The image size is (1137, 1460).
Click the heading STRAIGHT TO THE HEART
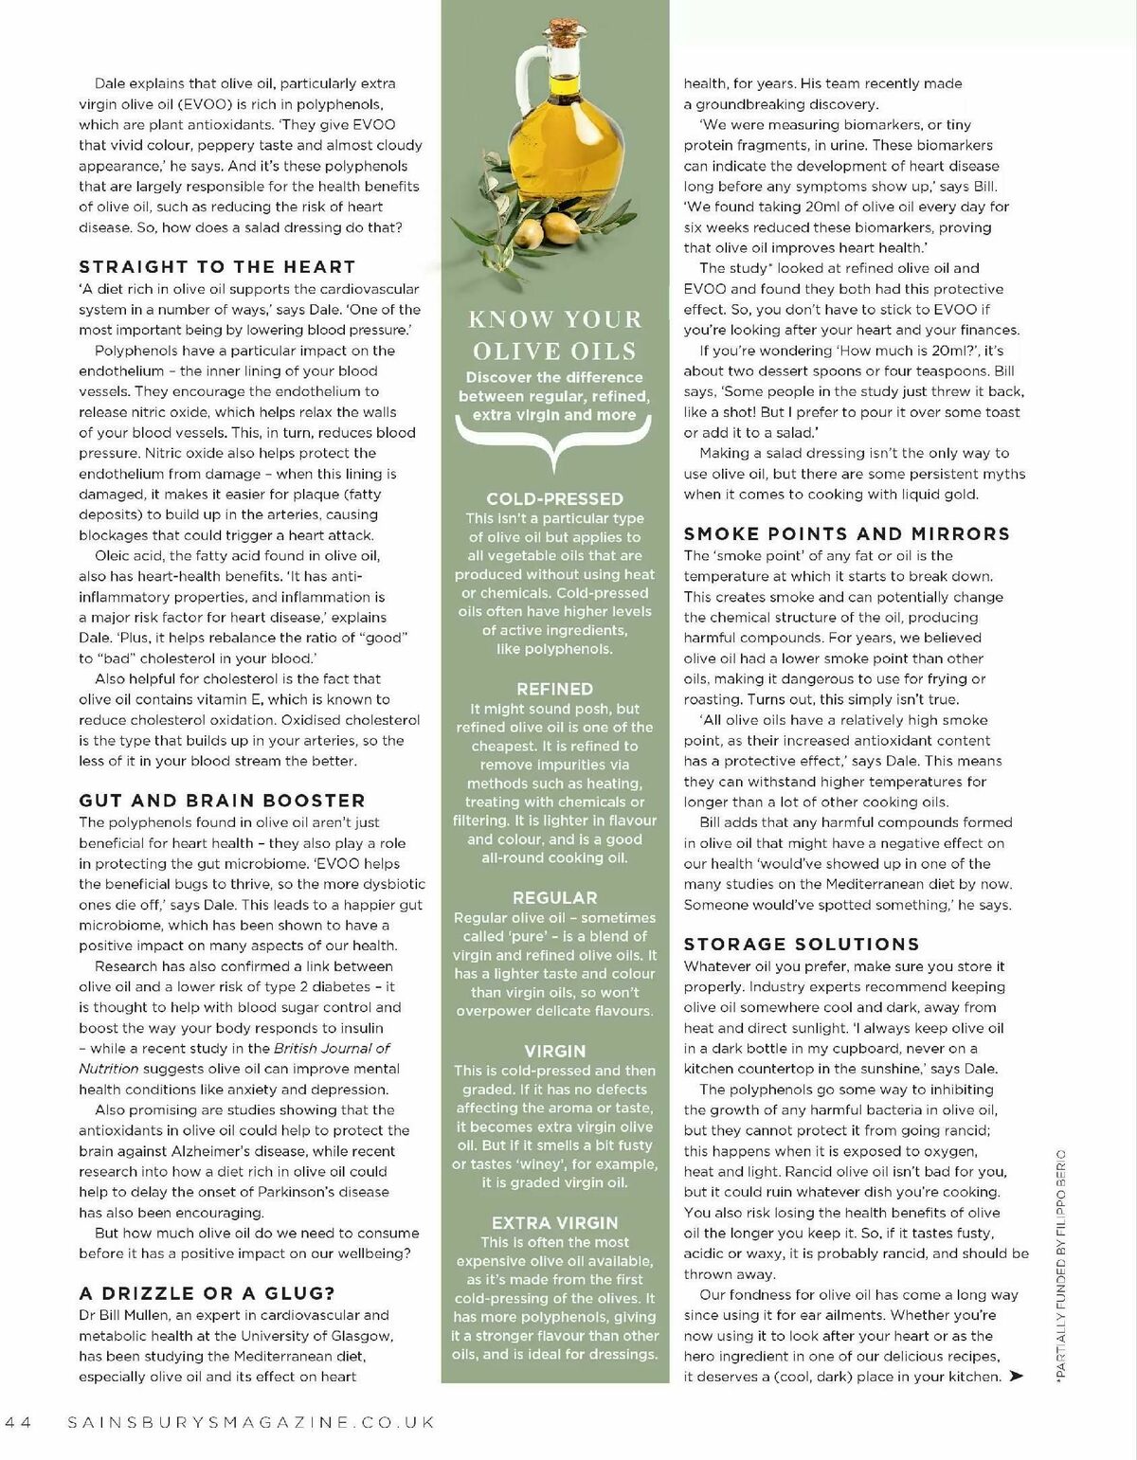(217, 267)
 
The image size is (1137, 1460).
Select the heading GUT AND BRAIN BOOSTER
(222, 801)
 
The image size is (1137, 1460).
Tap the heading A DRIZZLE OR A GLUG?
(207, 1293)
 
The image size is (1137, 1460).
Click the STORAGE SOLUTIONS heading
(802, 945)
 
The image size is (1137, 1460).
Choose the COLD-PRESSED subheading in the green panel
(554, 499)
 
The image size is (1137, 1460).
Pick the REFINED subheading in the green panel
(554, 690)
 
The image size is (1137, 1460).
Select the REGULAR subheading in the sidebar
(554, 898)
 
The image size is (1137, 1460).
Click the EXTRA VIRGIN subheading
(554, 1223)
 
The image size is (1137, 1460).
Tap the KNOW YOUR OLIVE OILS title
(554, 335)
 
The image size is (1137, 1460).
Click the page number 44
(19, 1422)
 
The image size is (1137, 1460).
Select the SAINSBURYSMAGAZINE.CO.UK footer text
(251, 1422)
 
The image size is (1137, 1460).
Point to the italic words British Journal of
(332, 1048)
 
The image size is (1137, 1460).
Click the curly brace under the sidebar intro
(554, 441)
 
